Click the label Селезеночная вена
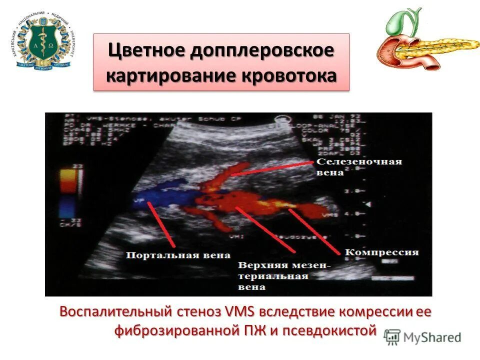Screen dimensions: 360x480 tap(359, 167)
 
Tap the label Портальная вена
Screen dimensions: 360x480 tap(178, 255)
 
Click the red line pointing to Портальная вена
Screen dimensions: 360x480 tap(162, 225)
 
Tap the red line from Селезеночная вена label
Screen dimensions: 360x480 tap(272, 168)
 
